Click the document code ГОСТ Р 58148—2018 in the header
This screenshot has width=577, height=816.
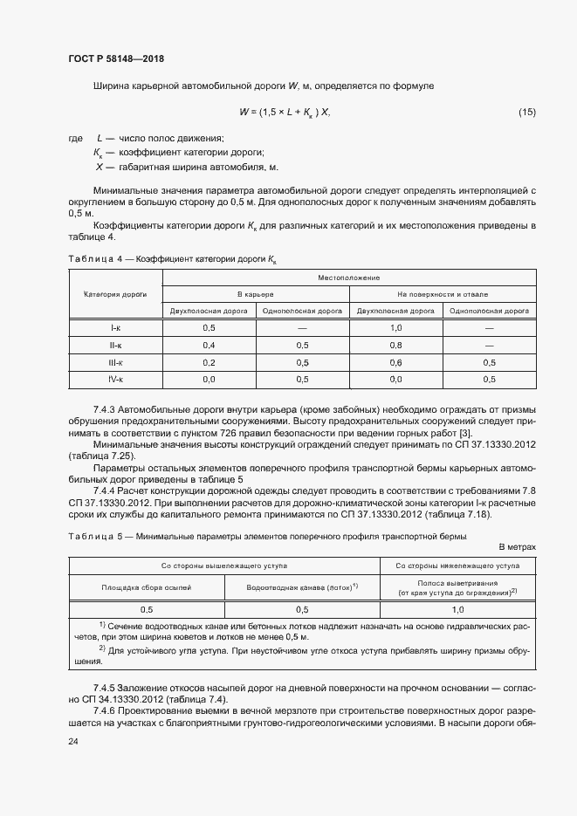(116, 58)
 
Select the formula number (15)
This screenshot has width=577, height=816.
(526, 112)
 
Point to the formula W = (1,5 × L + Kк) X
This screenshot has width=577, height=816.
(285, 112)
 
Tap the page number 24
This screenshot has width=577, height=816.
(73, 742)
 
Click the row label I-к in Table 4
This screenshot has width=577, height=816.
(115, 327)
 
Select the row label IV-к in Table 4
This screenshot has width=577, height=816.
(115, 380)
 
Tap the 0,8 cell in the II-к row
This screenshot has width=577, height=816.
(395, 345)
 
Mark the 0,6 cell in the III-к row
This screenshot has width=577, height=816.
(395, 362)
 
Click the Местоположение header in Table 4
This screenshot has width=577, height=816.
(349, 278)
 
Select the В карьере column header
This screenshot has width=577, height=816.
(256, 294)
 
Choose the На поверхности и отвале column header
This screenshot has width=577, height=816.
(443, 294)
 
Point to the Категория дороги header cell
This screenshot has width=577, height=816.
(115, 295)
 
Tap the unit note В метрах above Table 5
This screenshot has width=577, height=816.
(517, 547)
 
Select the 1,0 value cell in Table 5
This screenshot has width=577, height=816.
(458, 609)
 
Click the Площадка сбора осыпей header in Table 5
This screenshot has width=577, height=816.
(146, 587)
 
